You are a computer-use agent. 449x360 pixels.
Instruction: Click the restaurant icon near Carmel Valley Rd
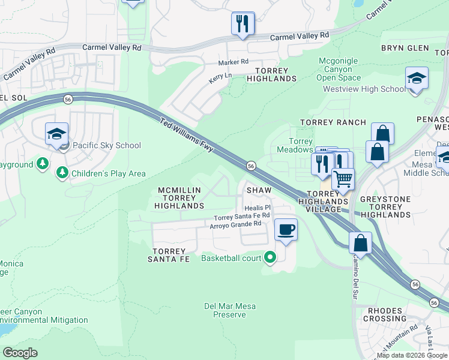[243, 24]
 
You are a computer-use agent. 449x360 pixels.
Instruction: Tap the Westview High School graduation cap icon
[417, 79]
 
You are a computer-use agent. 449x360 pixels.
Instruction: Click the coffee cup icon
[286, 230]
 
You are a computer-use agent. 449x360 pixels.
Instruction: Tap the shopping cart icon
[343, 179]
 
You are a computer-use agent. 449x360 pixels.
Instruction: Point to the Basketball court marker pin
[270, 258]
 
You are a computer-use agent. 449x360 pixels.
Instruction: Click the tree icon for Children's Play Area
[62, 173]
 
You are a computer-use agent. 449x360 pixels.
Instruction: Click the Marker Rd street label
[233, 62]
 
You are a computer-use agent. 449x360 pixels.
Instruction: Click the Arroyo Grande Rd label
[235, 224]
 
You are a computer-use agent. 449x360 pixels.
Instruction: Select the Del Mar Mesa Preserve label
[229, 310]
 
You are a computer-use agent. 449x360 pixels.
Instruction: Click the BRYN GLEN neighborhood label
[405, 48]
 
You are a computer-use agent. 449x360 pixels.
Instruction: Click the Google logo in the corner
[20, 353]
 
